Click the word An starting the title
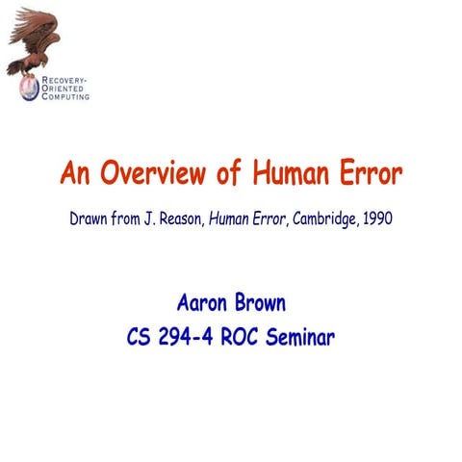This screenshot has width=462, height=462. coord(76,175)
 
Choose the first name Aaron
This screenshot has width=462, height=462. coord(202,304)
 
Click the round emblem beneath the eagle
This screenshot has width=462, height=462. coord(29,87)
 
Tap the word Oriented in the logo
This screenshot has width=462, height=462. coord(64,88)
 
